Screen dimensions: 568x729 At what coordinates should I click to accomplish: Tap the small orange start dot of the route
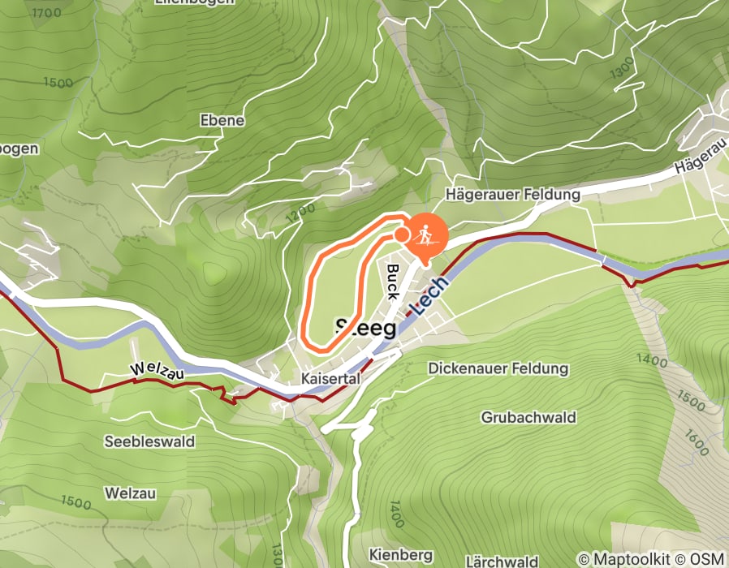(x=401, y=235)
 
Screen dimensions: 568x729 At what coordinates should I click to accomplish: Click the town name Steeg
(x=366, y=329)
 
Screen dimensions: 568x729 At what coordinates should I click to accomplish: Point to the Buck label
(x=393, y=281)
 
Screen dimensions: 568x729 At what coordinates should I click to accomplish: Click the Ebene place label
(x=222, y=120)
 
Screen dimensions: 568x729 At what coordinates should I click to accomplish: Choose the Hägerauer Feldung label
(x=512, y=195)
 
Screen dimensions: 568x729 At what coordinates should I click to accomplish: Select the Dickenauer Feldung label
(x=498, y=369)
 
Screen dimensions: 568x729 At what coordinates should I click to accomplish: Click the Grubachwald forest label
(x=528, y=417)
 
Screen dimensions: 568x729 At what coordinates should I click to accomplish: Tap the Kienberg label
(x=400, y=554)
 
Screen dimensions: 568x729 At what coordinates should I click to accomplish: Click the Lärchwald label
(x=502, y=561)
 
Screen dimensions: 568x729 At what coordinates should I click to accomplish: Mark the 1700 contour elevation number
(x=46, y=14)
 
